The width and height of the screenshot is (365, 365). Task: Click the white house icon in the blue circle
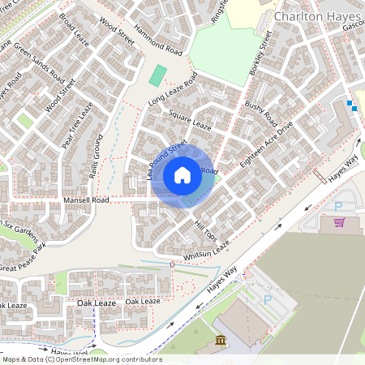pos(182,174)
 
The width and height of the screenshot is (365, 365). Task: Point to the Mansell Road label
pos(86,200)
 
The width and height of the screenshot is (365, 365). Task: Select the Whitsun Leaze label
pos(207,249)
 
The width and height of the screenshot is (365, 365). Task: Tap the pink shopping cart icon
pos(339,221)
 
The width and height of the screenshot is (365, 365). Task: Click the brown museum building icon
pos(221,343)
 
